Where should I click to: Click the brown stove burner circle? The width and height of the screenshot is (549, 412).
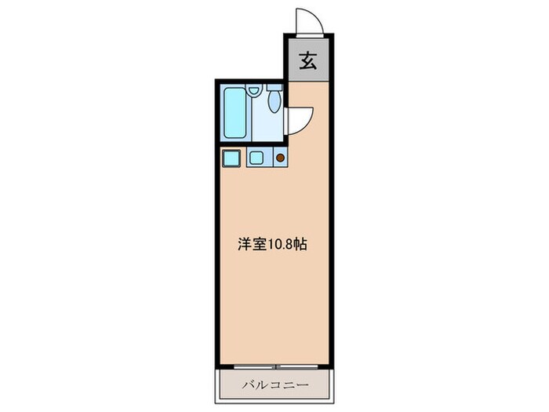[x=279, y=158]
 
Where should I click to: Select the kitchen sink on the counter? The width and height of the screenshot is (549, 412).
[x=257, y=157]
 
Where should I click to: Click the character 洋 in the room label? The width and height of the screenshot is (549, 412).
[x=245, y=244]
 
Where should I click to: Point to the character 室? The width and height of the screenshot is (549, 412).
[x=259, y=244]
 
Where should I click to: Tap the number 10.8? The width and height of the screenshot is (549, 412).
[x=280, y=244]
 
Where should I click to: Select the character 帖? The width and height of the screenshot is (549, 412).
[x=300, y=244]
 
